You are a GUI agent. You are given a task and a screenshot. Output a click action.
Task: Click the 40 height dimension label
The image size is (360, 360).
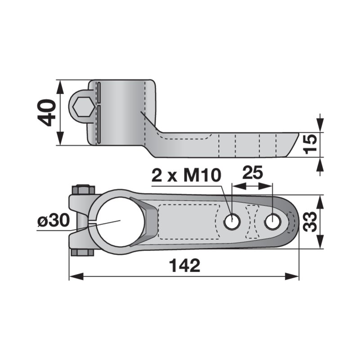(47, 113)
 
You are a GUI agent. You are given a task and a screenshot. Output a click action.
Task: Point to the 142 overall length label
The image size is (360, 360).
(184, 265)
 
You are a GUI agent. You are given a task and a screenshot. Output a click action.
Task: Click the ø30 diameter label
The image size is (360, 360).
(54, 221)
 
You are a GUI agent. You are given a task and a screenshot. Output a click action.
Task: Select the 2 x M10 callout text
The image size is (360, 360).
(186, 175)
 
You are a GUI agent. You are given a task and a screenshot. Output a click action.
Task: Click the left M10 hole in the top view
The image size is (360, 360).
(233, 221)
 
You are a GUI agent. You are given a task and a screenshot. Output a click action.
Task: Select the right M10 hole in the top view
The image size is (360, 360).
(273, 221)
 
